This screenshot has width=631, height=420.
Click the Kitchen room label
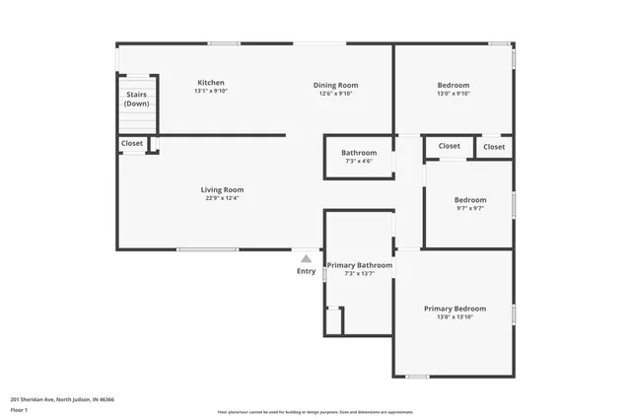pos(211,83)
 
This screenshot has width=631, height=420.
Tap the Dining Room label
pos(335,85)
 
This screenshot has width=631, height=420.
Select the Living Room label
pos(222,189)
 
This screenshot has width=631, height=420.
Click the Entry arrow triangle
pos(307,258)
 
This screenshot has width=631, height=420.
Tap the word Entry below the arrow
pos(307,271)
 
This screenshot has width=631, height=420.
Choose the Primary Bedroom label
pos(455,309)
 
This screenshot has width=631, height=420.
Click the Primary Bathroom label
pos(360,265)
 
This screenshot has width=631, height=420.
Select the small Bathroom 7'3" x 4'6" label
pos(359,153)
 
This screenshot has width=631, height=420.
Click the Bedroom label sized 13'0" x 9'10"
pos(454,85)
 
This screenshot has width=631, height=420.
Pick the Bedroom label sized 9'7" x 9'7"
pos(469,198)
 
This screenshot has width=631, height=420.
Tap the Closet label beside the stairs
pos(132,144)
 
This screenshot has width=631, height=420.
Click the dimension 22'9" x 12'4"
pos(222,199)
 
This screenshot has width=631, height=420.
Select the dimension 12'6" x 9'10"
pos(335,95)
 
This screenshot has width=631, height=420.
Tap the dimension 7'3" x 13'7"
pos(360,275)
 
